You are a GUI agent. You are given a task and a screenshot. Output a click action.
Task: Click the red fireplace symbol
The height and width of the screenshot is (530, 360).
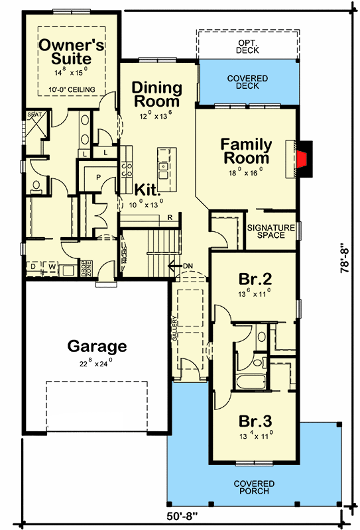pos(302,159)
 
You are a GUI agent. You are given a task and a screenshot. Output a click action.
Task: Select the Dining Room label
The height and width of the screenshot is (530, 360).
pos(156,95)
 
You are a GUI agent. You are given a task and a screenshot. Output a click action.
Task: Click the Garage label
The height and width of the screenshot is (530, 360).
pos(97,346)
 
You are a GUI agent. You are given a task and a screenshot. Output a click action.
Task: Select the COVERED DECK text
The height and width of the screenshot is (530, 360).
pos(247,83)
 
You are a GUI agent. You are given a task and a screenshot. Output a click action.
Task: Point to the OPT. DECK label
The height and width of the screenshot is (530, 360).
pos(247,46)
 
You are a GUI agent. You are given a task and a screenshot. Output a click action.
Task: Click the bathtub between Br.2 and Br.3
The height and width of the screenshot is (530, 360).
pos(251,383)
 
